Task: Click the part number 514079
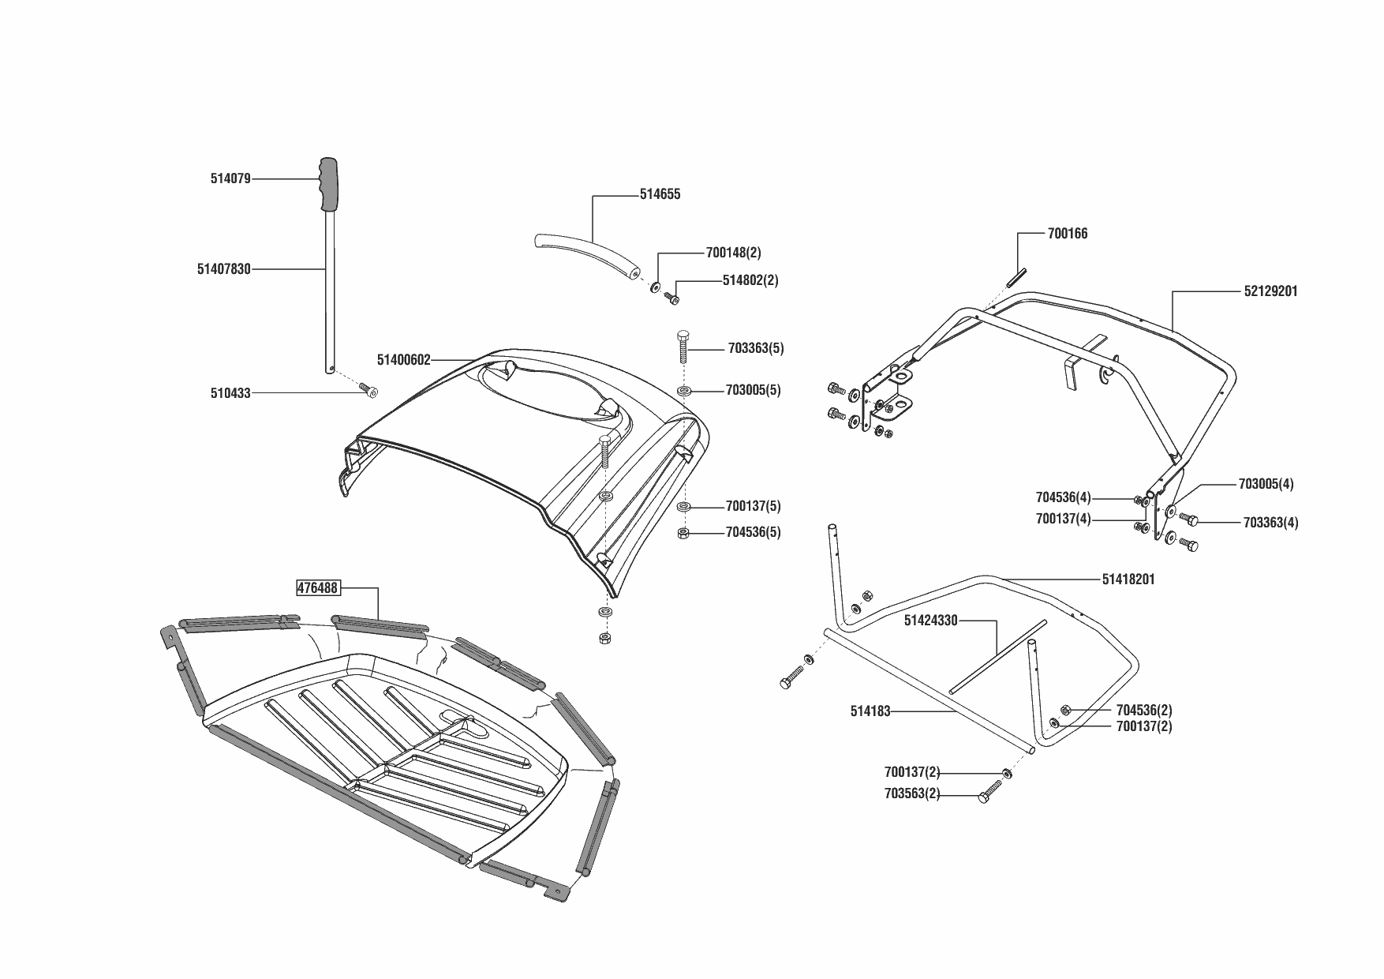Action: tap(230, 178)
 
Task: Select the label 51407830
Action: tap(223, 269)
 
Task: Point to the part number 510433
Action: tap(230, 392)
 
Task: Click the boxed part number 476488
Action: tap(317, 587)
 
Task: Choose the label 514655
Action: tap(660, 194)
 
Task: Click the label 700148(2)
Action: tap(733, 253)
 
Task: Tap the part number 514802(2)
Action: tap(750, 280)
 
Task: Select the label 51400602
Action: tap(403, 360)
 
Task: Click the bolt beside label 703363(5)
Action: tap(683, 347)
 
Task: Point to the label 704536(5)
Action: tap(753, 532)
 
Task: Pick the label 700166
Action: tap(1067, 234)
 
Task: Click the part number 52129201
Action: tap(1270, 291)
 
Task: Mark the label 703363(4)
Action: tap(1270, 523)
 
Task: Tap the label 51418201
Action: tap(1128, 580)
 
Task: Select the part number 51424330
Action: tap(930, 621)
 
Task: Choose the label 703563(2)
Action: tap(912, 794)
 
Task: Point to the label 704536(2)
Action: tap(1144, 710)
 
